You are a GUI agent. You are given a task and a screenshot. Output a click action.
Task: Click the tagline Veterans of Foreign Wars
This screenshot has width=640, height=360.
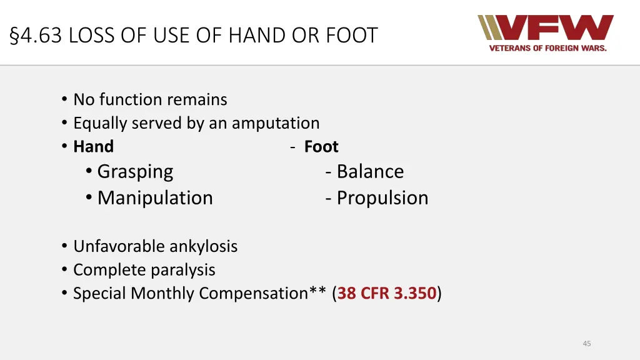click(547, 49)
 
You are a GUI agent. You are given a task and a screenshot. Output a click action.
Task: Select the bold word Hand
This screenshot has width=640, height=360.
click(93, 147)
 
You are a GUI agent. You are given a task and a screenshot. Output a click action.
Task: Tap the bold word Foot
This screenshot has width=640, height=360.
click(321, 147)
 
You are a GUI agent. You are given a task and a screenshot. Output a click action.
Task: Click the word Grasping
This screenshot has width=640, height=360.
click(135, 171)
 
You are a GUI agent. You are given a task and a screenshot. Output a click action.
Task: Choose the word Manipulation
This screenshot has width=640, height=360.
click(155, 197)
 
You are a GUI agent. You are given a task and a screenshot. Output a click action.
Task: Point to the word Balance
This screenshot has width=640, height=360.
click(370, 171)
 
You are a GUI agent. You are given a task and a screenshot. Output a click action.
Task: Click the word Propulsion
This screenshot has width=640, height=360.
click(382, 197)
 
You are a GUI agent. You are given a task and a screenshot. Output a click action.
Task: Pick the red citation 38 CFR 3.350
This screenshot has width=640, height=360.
click(387, 293)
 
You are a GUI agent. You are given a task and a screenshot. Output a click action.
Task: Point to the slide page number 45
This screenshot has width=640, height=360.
click(586, 343)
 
